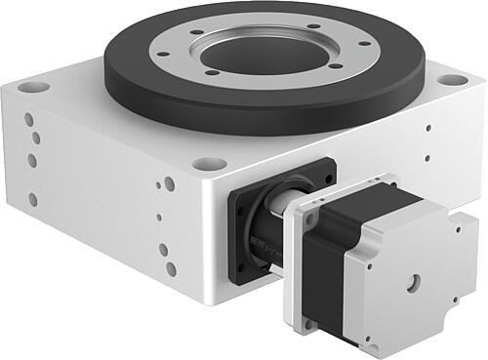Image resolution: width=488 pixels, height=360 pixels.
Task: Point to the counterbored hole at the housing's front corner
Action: pos(204,164)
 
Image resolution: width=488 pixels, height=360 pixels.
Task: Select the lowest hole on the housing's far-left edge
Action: pos(33,199)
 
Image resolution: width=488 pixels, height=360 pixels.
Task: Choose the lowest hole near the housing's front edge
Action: pos(171,267)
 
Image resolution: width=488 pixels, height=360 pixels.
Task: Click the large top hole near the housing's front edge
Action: pos(169,182)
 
